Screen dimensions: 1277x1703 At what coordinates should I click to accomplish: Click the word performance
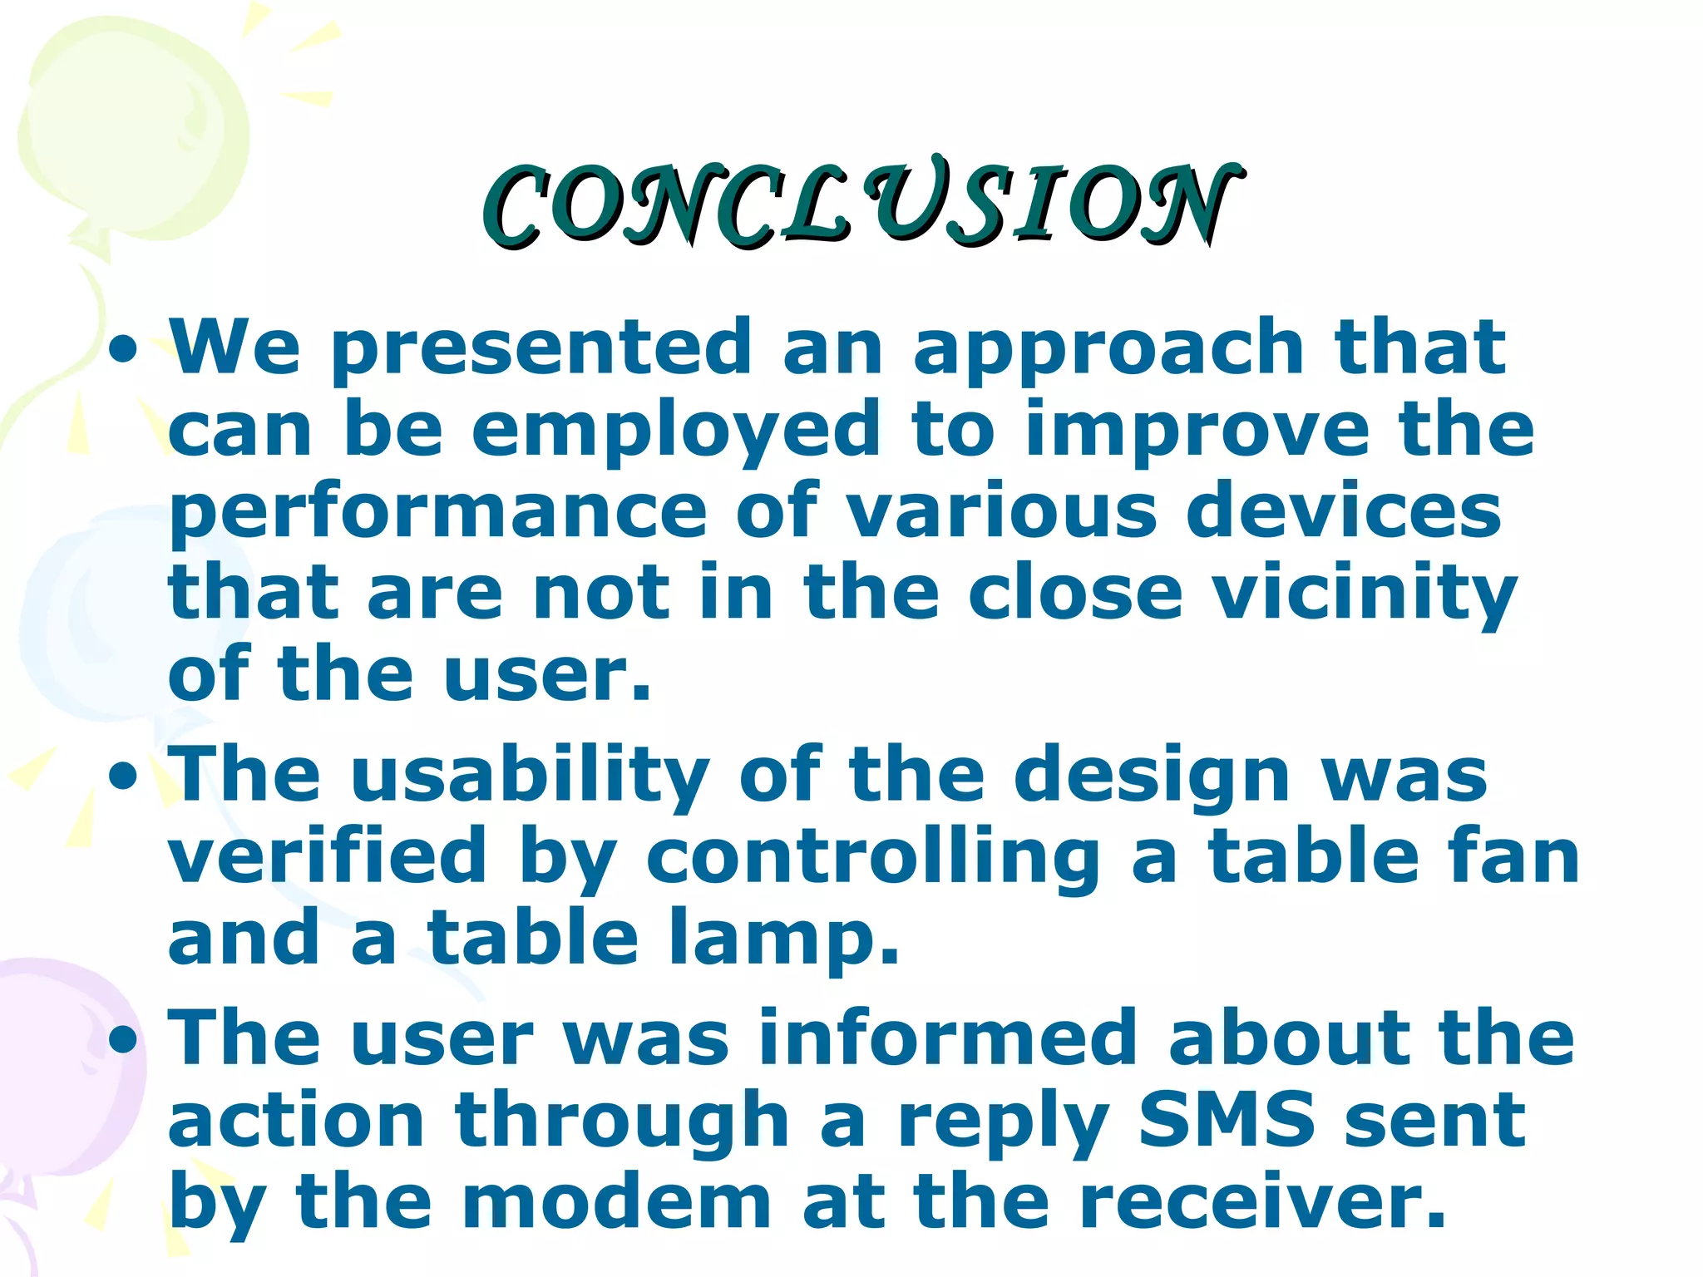pyautogui.click(x=437, y=511)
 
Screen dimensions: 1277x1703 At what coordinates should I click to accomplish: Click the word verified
pyautogui.click(x=327, y=856)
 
